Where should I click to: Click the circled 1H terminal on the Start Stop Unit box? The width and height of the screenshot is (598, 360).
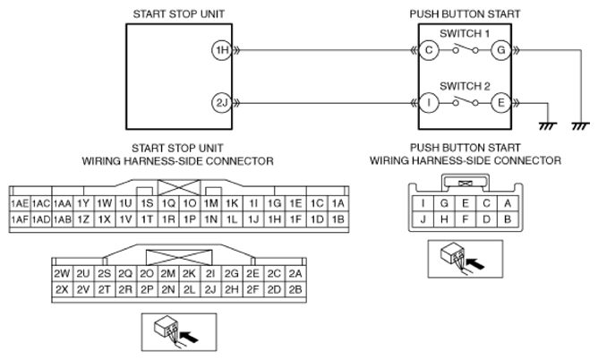222,50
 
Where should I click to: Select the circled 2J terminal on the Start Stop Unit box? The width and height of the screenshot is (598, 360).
222,103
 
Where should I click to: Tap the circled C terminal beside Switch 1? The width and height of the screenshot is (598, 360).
429,50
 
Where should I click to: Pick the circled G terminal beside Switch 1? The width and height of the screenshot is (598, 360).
500,50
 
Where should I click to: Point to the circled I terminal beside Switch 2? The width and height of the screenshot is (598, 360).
429,103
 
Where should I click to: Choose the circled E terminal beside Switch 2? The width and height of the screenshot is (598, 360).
500,103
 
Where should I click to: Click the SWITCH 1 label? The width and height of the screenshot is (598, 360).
465,33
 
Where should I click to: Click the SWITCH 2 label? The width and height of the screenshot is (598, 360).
465,87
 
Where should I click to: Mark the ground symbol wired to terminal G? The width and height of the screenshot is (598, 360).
580,126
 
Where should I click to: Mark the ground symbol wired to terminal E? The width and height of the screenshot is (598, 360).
548,126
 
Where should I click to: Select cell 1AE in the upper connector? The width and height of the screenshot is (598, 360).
20,203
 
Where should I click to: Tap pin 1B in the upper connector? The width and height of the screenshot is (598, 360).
338,219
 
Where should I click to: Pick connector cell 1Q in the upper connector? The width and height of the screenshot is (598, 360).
168,203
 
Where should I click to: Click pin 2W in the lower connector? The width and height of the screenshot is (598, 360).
62,274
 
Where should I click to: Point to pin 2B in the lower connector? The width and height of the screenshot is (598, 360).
295,290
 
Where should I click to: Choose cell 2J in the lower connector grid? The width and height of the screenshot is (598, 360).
210,290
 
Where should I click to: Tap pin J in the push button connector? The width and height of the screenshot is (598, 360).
423,219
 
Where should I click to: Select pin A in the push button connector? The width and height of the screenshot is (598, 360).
508,203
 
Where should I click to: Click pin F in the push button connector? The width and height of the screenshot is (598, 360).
466,219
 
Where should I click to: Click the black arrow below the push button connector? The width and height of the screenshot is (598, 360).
474,263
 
